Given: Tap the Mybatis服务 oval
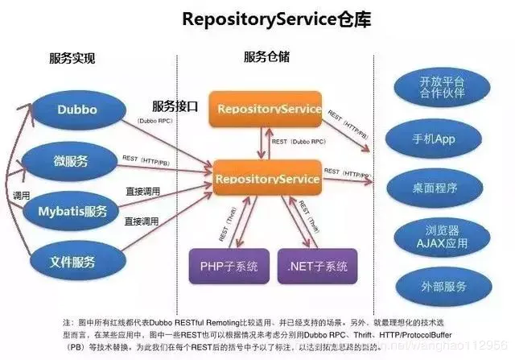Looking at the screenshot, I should pyautogui.click(x=72, y=212).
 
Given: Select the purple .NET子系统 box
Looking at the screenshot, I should pyautogui.click(x=317, y=266).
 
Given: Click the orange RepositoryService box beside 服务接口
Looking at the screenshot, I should pyautogui.click(x=266, y=109).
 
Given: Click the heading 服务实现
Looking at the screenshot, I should pyautogui.click(x=72, y=58).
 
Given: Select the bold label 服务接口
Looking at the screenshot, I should pyautogui.click(x=175, y=106).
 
